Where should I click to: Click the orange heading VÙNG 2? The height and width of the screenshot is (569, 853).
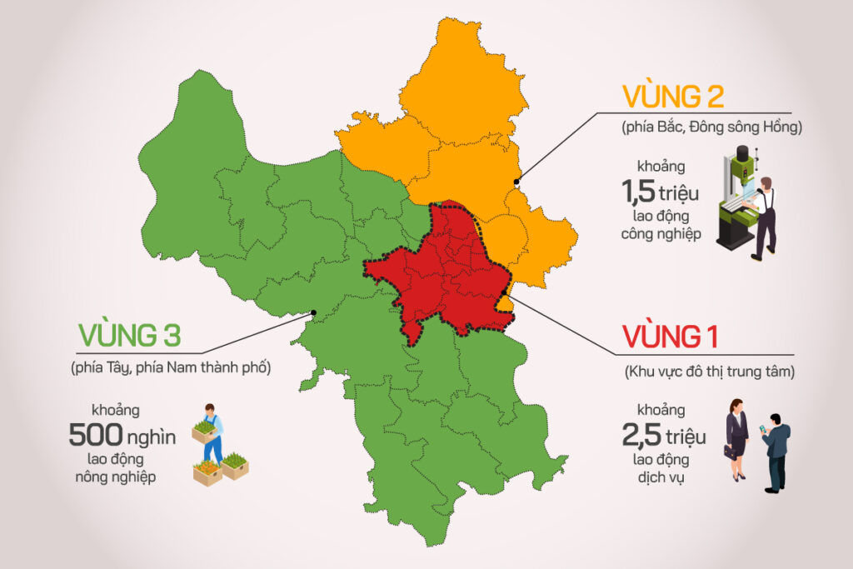(x=673, y=97)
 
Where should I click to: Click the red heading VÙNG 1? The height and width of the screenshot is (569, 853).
(x=671, y=338)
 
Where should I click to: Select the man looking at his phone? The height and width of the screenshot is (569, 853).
(x=776, y=451)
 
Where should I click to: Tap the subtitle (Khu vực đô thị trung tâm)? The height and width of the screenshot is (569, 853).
(x=709, y=372)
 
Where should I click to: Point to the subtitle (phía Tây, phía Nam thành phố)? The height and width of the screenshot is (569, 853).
(x=172, y=367)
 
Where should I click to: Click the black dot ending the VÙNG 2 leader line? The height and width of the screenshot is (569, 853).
(x=516, y=181)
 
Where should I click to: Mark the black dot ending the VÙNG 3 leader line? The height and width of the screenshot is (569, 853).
(x=313, y=313)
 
